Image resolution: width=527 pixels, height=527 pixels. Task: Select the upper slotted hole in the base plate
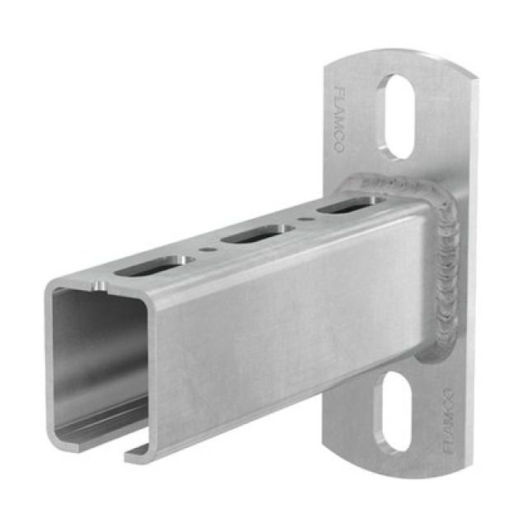[x=397, y=116]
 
